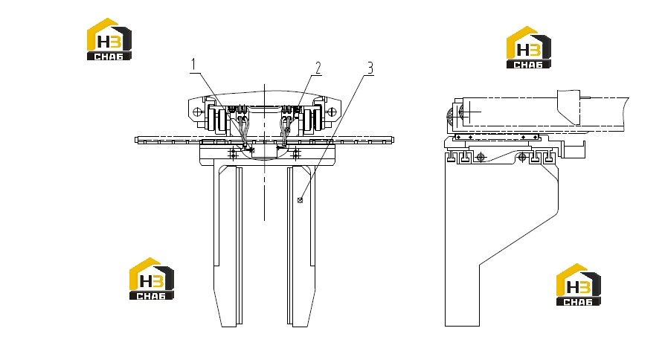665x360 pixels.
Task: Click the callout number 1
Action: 193,65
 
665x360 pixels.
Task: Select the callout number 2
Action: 318,68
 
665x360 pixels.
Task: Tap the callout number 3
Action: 370,68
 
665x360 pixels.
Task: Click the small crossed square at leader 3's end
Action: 301,200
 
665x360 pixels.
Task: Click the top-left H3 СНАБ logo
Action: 109,39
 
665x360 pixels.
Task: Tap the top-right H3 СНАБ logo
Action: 528,47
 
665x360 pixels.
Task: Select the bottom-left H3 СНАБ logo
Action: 152,279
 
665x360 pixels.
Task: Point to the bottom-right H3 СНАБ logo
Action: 579,285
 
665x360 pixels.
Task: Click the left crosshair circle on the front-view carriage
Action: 197,112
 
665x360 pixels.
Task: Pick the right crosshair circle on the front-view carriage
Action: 332,112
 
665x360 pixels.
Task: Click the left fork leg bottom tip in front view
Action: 229,326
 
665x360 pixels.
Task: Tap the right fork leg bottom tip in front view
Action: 300,326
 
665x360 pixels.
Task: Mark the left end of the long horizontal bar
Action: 136,140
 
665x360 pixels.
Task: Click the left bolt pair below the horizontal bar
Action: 233,153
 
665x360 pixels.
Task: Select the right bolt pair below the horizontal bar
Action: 296,153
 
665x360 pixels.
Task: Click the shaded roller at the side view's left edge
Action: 451,115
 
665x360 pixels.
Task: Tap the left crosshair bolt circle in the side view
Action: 480,158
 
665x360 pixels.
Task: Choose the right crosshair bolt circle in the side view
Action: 522,158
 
